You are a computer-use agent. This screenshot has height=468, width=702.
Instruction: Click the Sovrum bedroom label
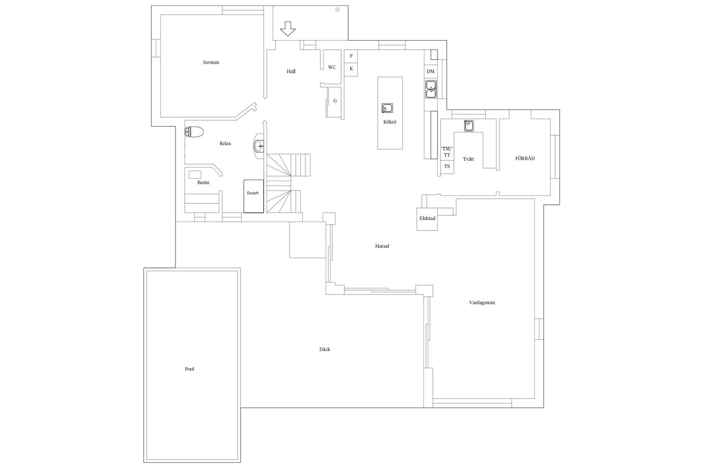click(x=211, y=63)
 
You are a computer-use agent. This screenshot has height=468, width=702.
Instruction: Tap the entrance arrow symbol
click(x=288, y=29)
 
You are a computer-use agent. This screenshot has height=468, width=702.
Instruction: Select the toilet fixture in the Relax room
click(x=194, y=132)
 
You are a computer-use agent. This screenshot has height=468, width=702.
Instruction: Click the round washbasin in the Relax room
click(x=259, y=146)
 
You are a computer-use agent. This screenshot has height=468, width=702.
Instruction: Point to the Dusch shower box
click(x=254, y=196)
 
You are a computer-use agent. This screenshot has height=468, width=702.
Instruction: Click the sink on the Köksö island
click(x=387, y=108)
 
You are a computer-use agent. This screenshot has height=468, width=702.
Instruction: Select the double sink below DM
click(x=431, y=89)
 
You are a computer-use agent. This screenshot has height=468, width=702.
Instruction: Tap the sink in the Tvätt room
click(x=469, y=126)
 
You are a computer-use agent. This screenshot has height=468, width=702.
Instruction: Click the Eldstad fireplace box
click(x=427, y=219)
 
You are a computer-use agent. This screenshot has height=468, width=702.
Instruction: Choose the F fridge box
click(x=351, y=56)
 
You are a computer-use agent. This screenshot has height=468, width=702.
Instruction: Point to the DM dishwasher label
click(x=431, y=71)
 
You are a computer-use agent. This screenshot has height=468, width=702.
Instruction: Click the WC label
click(x=332, y=67)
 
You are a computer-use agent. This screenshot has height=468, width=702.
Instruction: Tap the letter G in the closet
click(x=335, y=101)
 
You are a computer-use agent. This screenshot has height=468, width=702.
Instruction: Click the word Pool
click(x=189, y=369)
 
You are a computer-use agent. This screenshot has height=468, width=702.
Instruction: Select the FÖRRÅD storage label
click(x=525, y=158)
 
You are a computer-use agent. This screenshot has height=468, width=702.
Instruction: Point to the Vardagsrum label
click(x=482, y=302)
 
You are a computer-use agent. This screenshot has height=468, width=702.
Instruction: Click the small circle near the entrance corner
click(x=337, y=9)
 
